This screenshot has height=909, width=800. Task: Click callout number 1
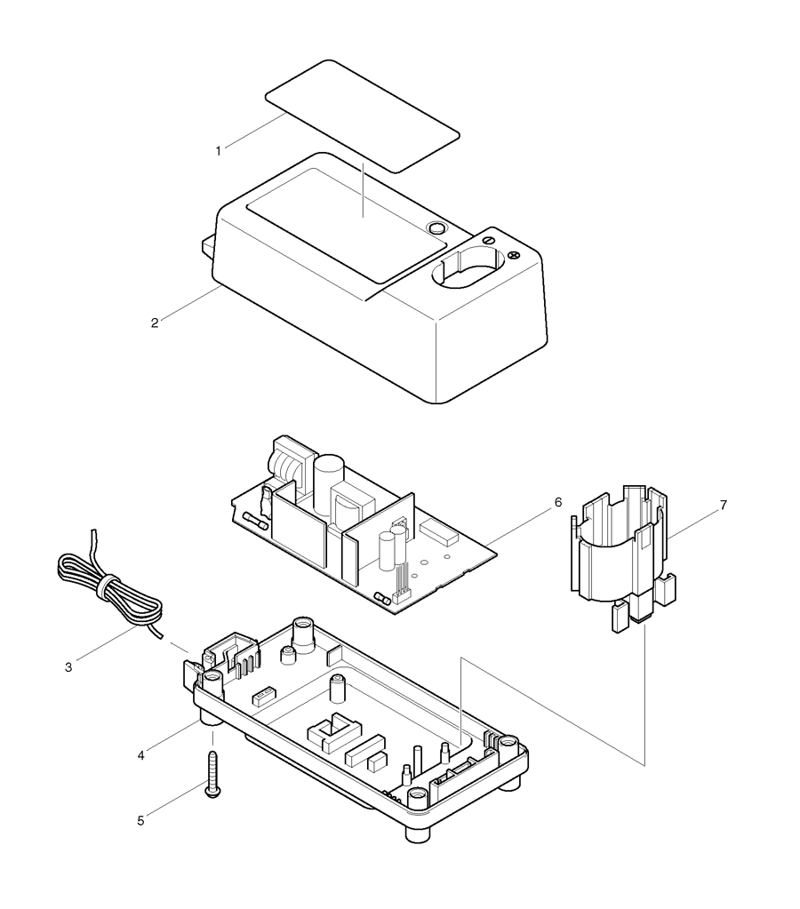pyautogui.click(x=218, y=151)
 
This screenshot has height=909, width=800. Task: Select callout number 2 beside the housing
pyautogui.click(x=155, y=323)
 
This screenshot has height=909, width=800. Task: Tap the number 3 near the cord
pyautogui.click(x=69, y=665)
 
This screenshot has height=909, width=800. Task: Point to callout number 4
pyautogui.click(x=140, y=755)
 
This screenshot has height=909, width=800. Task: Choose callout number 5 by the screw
pyautogui.click(x=140, y=820)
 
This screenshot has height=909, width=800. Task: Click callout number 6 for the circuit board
pyautogui.click(x=557, y=503)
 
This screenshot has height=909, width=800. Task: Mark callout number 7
pyautogui.click(x=723, y=505)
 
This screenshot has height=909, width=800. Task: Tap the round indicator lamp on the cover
pyautogui.click(x=436, y=229)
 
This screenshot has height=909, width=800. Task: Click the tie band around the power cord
pyautogui.click(x=108, y=584)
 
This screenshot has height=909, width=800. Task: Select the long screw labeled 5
pyautogui.click(x=212, y=774)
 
